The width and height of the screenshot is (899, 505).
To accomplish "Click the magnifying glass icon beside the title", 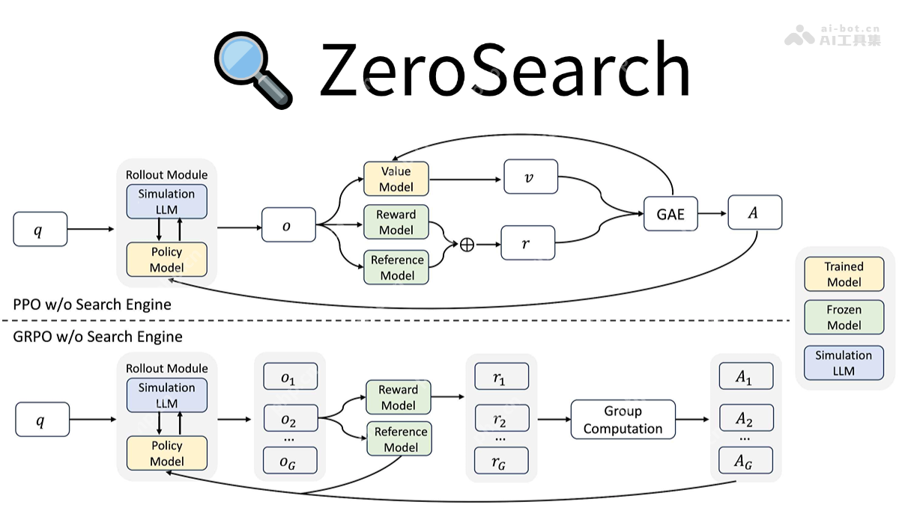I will point(252,70).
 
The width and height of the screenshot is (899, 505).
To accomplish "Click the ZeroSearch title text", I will point(503,70).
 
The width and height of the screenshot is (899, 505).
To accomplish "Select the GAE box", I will point(671,214).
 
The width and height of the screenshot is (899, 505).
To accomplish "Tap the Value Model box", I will point(396,180).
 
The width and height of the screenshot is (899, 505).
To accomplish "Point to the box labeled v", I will point(530,178).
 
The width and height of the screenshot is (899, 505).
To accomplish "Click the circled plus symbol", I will point(467,245).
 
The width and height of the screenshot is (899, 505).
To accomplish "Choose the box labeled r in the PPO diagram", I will point(527,243).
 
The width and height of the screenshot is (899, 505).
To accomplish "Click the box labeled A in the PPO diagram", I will point(754,212).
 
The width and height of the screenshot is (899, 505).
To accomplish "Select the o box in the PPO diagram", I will point(288,225).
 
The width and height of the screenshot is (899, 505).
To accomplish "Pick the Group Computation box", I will point(623,420).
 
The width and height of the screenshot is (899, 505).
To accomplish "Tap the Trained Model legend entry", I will point(844,275).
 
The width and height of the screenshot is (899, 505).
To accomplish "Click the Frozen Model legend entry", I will point(844,317).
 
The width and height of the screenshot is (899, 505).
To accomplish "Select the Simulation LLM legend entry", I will point(844,363).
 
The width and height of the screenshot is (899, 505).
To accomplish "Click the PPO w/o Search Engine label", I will point(92,304).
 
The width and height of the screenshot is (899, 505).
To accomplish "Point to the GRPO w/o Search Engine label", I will point(97,337).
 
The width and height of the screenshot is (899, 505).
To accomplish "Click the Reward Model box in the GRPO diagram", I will point(398,397).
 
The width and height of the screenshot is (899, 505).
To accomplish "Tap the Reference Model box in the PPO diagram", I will point(397,268).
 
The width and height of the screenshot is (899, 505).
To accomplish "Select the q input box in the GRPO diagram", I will point(42,420).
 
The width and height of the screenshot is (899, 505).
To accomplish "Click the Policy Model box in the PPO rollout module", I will point(166,260).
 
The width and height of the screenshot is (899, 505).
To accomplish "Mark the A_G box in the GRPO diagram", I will point(743,462).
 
